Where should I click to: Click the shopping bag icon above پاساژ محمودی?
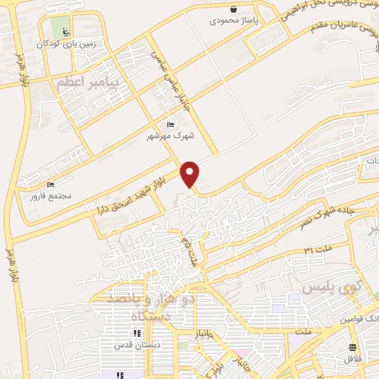click(x=234, y=10)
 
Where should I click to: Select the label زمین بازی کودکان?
click(x=67, y=44)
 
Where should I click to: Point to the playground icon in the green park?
click(x=65, y=32)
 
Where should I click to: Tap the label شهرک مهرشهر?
click(x=170, y=136)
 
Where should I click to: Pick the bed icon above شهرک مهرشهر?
click(x=170, y=124)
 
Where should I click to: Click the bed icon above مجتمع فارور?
click(x=50, y=184)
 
